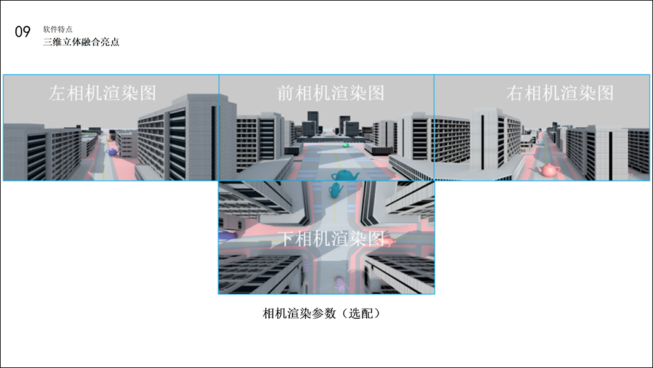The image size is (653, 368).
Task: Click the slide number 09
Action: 23,32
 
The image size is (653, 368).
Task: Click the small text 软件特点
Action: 58,29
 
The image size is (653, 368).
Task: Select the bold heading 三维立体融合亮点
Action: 80,42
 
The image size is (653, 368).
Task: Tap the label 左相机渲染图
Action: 103,93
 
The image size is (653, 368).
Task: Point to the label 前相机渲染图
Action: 330,93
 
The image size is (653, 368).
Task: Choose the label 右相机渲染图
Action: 560,93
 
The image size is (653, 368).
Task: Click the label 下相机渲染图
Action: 332,238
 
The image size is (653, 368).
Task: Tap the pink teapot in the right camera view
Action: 548,169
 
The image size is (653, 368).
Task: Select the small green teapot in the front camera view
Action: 345,145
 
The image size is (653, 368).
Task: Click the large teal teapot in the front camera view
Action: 345,175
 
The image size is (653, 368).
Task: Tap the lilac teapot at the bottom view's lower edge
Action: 339,284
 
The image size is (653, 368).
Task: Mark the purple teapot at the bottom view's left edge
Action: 225,234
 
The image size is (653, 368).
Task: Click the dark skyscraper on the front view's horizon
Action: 313,121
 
